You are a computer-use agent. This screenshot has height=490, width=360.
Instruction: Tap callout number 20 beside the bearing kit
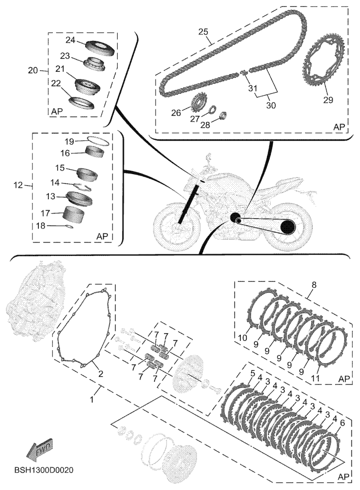pos(33,71)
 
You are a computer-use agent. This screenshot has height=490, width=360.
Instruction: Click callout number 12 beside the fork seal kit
pos(19,186)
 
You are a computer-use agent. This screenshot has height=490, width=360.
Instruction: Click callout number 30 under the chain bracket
pos(270,105)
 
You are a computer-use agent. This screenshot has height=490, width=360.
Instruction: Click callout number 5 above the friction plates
pos(252,373)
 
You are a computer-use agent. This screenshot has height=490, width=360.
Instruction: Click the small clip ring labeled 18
pos(73,226)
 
